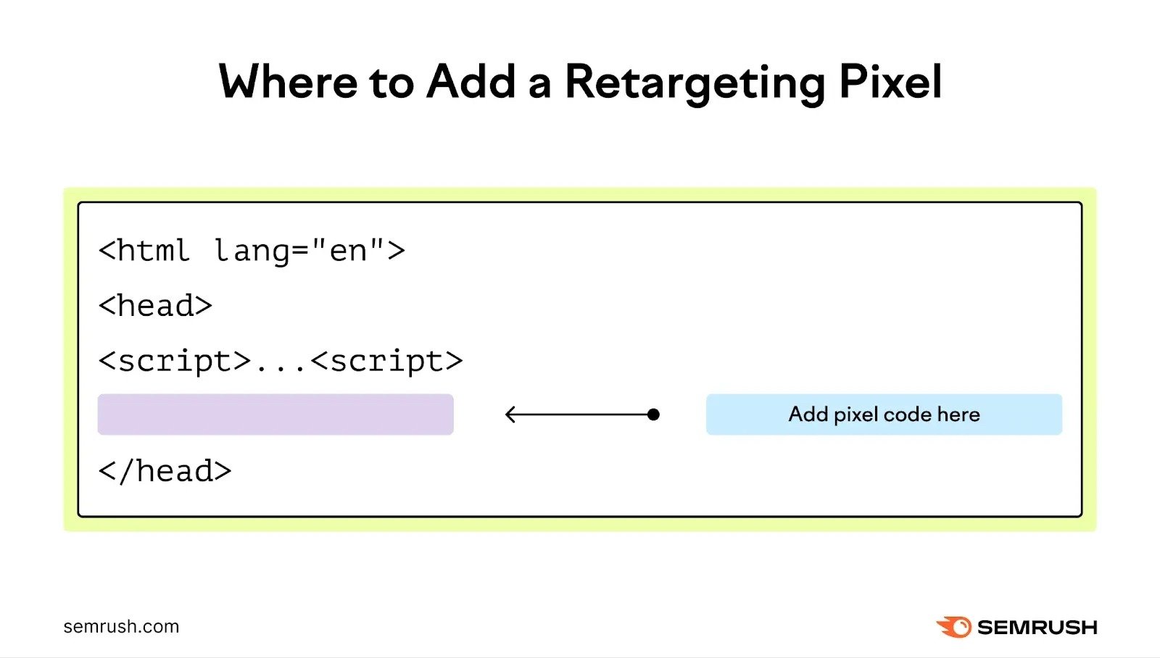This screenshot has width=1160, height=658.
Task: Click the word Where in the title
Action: click(x=288, y=81)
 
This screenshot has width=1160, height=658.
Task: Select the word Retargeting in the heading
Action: click(x=695, y=83)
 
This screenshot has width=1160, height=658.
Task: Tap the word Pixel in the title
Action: click(x=890, y=81)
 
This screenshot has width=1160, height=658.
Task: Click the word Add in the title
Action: click(x=471, y=81)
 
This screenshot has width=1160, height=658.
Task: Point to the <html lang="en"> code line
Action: click(x=252, y=251)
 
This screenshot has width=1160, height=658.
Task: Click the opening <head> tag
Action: click(x=155, y=306)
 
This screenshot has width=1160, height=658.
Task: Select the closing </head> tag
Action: click(x=165, y=471)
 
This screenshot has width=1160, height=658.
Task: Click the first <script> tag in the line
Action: click(x=175, y=361)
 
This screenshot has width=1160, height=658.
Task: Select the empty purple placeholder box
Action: click(x=275, y=415)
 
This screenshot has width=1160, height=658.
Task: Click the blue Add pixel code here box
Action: click(x=884, y=415)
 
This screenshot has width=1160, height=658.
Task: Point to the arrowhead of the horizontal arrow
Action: click(x=509, y=415)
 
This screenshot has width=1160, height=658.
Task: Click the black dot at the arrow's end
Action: click(x=653, y=415)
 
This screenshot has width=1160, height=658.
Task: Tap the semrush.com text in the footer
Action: click(x=121, y=626)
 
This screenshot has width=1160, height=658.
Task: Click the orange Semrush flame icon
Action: click(x=954, y=627)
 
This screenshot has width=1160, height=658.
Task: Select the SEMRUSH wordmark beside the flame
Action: click(x=1037, y=627)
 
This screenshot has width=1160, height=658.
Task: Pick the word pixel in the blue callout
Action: click(x=856, y=415)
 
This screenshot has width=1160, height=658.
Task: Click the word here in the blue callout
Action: click(x=958, y=415)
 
